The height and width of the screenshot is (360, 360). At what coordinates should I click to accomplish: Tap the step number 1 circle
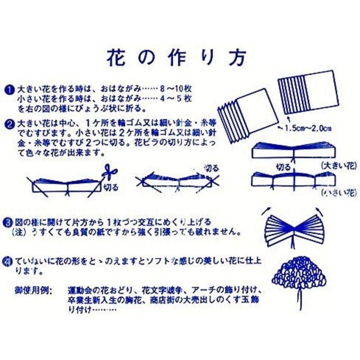9,89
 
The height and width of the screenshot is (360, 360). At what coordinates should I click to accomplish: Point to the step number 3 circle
9,222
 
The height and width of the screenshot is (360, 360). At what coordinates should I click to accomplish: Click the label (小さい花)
335,193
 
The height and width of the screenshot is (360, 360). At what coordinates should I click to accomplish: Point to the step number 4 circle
9,261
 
